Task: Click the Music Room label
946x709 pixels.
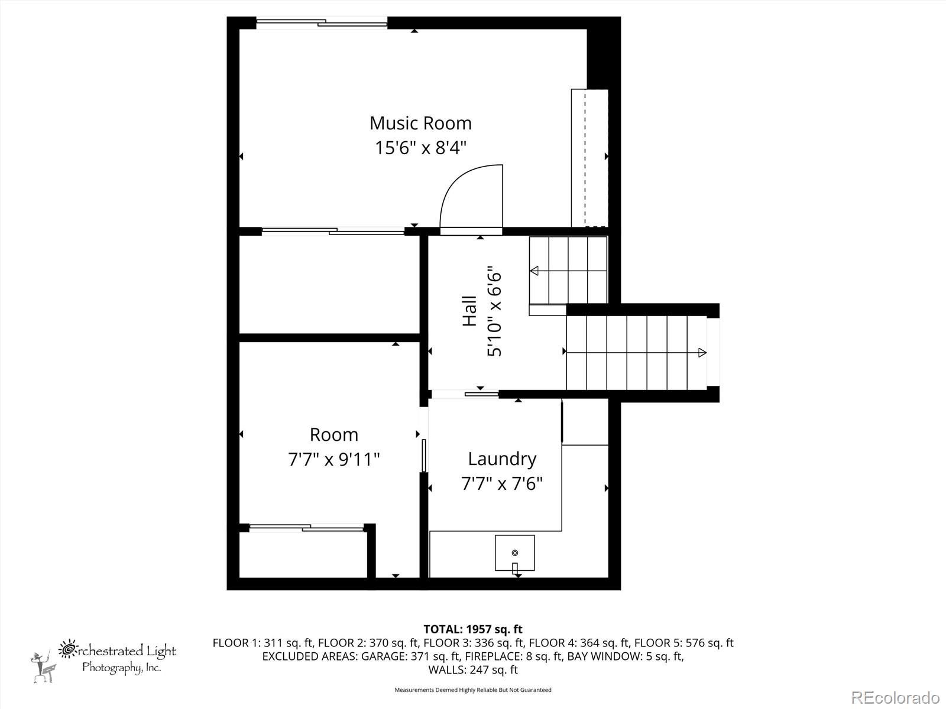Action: click(x=420, y=123)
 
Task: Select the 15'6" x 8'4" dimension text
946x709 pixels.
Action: click(x=420, y=147)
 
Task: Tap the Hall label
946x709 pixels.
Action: click(x=469, y=311)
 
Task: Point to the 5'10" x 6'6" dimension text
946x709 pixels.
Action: click(x=494, y=314)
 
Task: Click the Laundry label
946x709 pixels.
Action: click(x=502, y=458)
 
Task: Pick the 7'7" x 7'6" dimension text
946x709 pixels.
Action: click(x=502, y=484)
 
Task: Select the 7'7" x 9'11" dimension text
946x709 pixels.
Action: click(x=334, y=459)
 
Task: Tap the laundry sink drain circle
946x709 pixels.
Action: click(x=514, y=552)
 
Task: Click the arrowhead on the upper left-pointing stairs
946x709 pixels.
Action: click(x=534, y=271)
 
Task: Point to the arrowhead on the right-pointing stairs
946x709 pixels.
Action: click(x=702, y=353)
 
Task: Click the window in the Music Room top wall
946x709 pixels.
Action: click(x=322, y=23)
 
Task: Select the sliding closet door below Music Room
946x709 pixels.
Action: click(x=333, y=231)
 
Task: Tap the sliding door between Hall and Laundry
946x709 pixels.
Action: click(x=464, y=394)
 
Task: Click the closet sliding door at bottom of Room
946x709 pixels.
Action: click(x=306, y=527)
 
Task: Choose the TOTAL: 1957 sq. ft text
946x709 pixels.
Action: click(x=472, y=629)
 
